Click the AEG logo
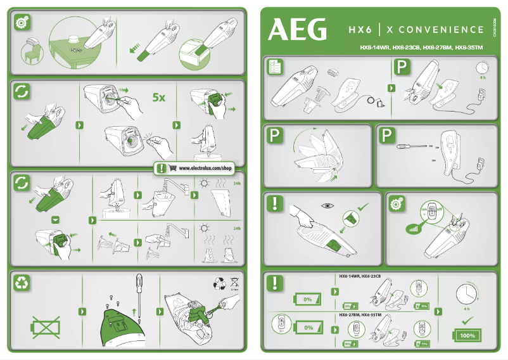pyautogui.click(x=298, y=29)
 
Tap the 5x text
pyautogui.click(x=158, y=98)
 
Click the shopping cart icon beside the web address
pyautogui.click(x=173, y=169)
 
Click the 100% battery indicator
pyautogui.click(x=467, y=335)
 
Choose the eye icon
pyautogui.click(x=327, y=206)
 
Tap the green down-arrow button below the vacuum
pyautogui.click(x=55, y=220)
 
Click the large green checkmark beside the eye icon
pyautogui.click(x=363, y=206)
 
